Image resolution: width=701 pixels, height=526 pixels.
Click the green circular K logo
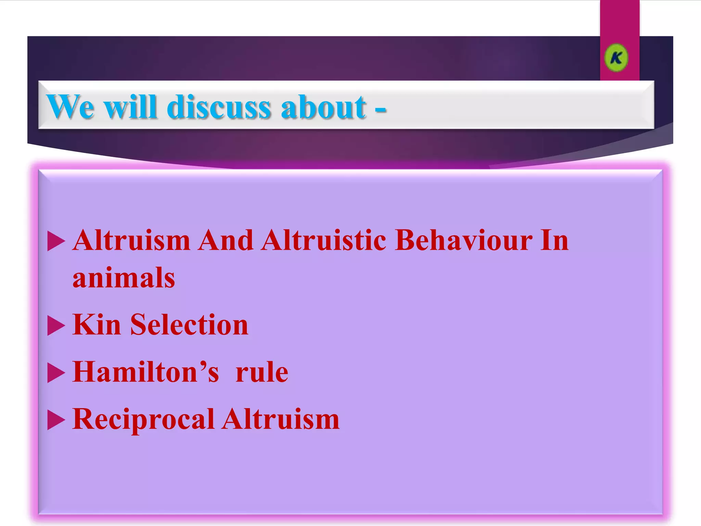616,58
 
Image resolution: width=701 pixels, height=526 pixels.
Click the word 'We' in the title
70,107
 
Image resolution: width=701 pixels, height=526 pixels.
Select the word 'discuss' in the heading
219,107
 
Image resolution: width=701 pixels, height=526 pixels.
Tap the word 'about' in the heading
324,107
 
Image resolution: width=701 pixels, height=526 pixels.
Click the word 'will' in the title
130,107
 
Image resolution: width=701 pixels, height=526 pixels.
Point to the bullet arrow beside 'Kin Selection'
56,325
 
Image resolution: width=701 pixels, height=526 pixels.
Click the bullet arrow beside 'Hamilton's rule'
56,373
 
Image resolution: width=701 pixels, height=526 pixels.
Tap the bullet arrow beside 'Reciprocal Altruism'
56,420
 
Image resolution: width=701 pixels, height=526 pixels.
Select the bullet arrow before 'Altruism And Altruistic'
56,241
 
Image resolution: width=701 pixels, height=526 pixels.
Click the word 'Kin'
97,325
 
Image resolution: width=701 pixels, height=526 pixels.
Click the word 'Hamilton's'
146,372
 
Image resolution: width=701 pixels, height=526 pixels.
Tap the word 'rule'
262,373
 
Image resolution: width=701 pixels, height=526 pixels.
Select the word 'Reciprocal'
143,420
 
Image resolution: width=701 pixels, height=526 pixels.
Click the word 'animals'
124,277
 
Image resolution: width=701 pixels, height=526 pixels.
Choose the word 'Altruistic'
324,240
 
